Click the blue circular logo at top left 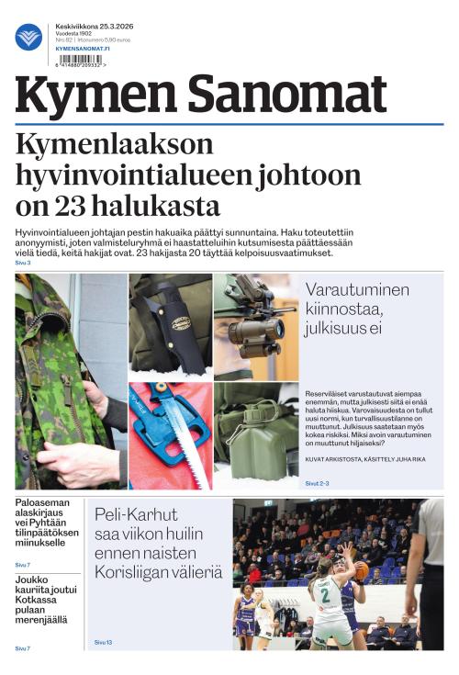28,38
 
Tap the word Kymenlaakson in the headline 115,145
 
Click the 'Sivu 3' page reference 23,264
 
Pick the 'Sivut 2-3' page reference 318,482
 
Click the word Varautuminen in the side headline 358,289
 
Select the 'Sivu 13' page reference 103,642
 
